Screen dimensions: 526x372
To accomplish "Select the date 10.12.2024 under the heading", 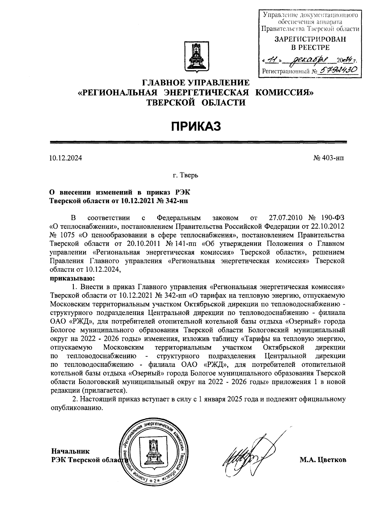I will point(66,158).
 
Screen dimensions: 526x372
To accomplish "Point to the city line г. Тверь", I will point(185,176).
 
